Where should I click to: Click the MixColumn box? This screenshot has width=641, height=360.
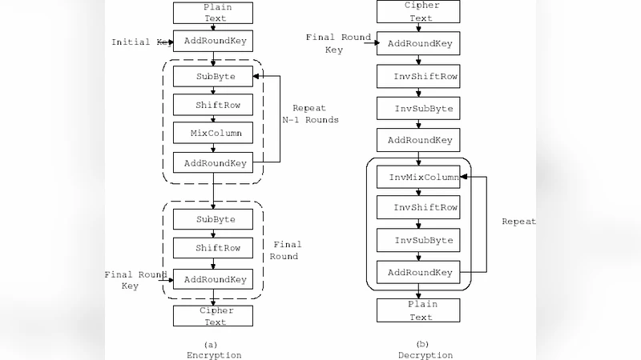coord(213,132)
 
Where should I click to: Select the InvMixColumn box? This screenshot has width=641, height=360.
coord(418,177)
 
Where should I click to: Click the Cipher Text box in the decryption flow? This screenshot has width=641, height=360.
coord(418,10)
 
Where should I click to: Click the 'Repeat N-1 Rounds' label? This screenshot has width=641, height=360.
coord(310,113)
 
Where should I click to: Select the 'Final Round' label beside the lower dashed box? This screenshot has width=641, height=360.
coord(285,250)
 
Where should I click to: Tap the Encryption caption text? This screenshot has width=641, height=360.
coord(214,354)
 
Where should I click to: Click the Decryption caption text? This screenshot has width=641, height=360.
coord(425,354)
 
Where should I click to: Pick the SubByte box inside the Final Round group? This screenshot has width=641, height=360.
coord(213,218)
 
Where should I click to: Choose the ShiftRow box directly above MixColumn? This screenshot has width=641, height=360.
coord(213,104)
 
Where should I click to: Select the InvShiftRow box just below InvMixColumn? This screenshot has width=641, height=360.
coord(418,207)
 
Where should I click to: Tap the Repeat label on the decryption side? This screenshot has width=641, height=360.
coord(518,222)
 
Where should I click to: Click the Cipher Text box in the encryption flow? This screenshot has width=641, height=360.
coord(213,316)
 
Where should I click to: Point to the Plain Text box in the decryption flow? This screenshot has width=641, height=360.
coord(418,310)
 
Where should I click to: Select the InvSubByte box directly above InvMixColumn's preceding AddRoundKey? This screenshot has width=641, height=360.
coord(418,108)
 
